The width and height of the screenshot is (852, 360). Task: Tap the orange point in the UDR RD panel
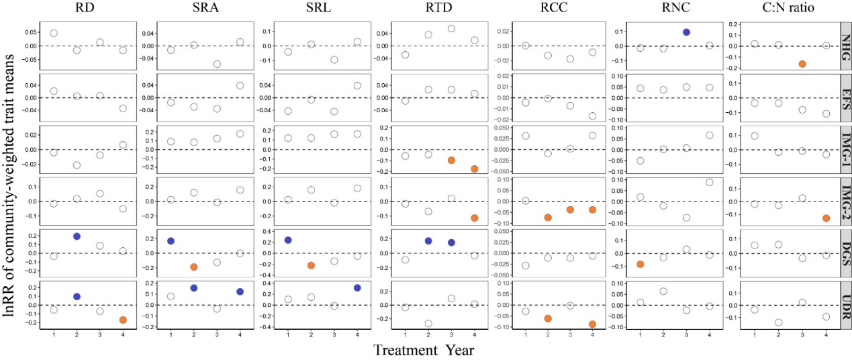(x=123, y=320)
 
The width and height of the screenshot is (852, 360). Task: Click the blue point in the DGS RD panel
(x=77, y=236)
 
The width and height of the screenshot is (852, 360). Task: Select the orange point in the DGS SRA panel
(x=194, y=267)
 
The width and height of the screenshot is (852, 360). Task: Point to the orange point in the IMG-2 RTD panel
(x=474, y=218)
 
